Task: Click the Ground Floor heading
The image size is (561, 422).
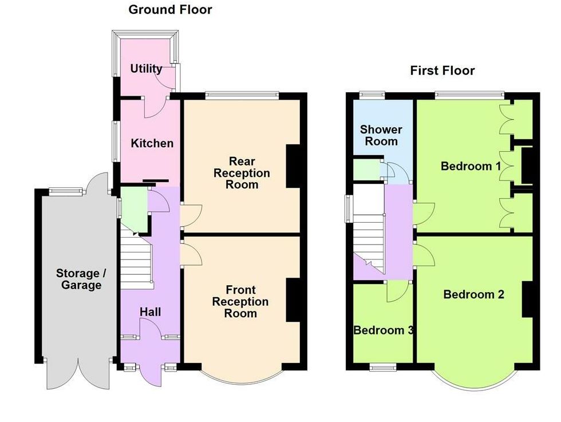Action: (x=170, y=10)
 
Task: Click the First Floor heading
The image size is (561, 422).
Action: (x=442, y=70)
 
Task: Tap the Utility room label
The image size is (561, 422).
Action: (x=146, y=68)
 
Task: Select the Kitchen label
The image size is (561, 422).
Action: (x=152, y=143)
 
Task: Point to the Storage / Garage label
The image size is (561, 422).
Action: (x=81, y=279)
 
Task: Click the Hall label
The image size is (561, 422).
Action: (x=150, y=311)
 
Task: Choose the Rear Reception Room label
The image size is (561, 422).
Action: (x=242, y=173)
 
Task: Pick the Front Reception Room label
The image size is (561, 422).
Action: (x=240, y=301)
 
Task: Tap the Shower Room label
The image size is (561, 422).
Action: (x=381, y=135)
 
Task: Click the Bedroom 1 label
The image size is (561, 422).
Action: (x=471, y=166)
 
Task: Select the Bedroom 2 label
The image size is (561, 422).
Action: (x=474, y=294)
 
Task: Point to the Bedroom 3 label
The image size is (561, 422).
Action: (x=384, y=330)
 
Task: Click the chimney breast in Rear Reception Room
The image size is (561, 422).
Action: (x=293, y=166)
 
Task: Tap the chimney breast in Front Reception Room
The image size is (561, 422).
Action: (x=293, y=300)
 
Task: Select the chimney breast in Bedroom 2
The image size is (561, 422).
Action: (x=527, y=299)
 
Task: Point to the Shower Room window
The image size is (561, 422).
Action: (x=373, y=96)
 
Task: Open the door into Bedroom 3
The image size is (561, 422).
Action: (x=398, y=291)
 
